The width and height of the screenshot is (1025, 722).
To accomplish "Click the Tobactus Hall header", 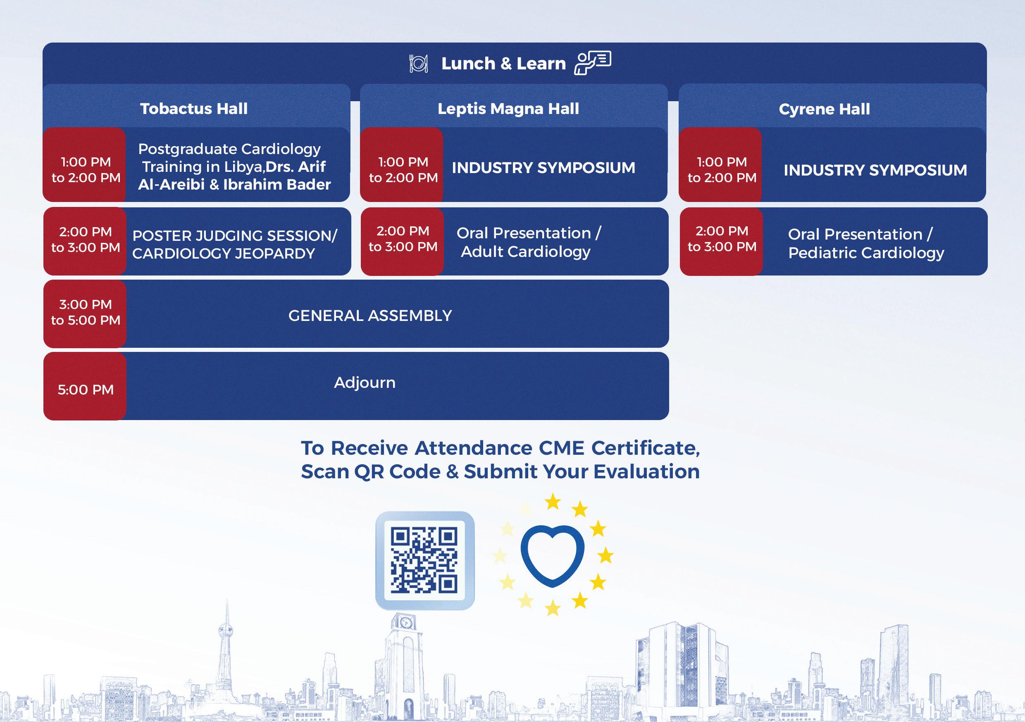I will [x=194, y=109].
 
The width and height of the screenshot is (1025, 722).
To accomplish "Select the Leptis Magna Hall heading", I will [x=508, y=109].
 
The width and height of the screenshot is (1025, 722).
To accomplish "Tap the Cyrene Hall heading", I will [x=824, y=109].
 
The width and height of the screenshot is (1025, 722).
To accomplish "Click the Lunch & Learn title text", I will [x=503, y=64].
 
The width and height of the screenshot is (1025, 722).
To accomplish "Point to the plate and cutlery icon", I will [x=419, y=64].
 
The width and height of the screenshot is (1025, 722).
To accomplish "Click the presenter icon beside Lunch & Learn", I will [x=592, y=63].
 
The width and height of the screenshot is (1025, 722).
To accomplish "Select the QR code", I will [x=424, y=560].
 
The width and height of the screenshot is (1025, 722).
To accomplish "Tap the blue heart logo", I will [x=552, y=555].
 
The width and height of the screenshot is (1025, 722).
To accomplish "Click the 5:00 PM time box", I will [x=85, y=389].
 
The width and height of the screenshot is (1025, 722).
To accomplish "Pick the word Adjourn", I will [x=365, y=383].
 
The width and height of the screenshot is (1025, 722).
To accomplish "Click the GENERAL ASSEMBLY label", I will [x=370, y=316].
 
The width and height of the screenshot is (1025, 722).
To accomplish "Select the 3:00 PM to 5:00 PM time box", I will [x=85, y=313].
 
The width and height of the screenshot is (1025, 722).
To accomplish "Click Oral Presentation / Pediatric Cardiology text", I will [x=865, y=244].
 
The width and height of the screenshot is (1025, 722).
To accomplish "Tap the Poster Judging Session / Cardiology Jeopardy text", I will [x=234, y=245].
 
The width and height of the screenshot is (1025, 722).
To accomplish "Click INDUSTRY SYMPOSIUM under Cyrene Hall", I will [x=875, y=171].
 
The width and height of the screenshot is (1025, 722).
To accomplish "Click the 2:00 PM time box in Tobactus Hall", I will [x=85, y=240].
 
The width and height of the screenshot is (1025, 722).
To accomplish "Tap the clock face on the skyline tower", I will [x=405, y=622].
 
